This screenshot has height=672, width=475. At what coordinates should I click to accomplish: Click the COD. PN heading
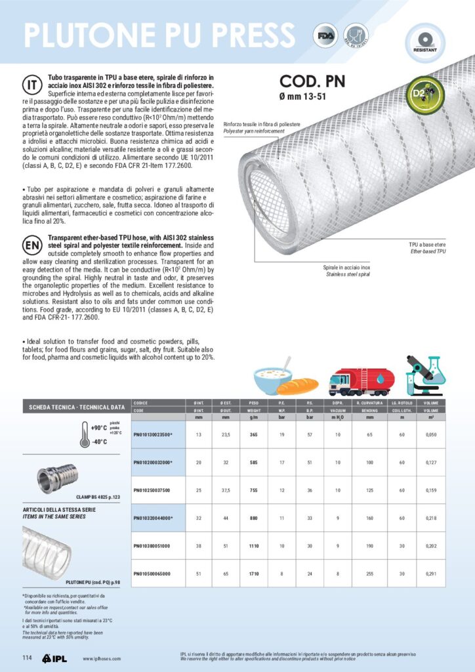tap(312, 81)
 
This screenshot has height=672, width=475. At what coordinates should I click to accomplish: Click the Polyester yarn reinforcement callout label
tap(255, 128)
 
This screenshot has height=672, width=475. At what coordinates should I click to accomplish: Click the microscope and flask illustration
tap(425, 375)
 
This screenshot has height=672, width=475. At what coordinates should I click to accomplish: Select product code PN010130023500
tap(152, 434)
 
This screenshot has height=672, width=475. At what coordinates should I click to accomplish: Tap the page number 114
tap(28, 658)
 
